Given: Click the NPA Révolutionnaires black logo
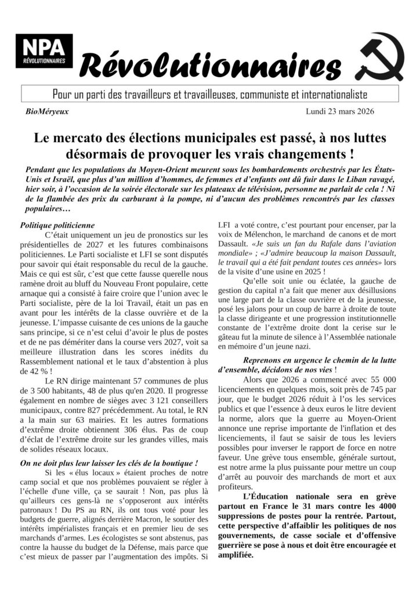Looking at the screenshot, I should [44, 51].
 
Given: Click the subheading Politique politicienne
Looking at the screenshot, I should [57, 224].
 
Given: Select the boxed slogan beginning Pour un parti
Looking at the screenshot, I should [209, 93].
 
